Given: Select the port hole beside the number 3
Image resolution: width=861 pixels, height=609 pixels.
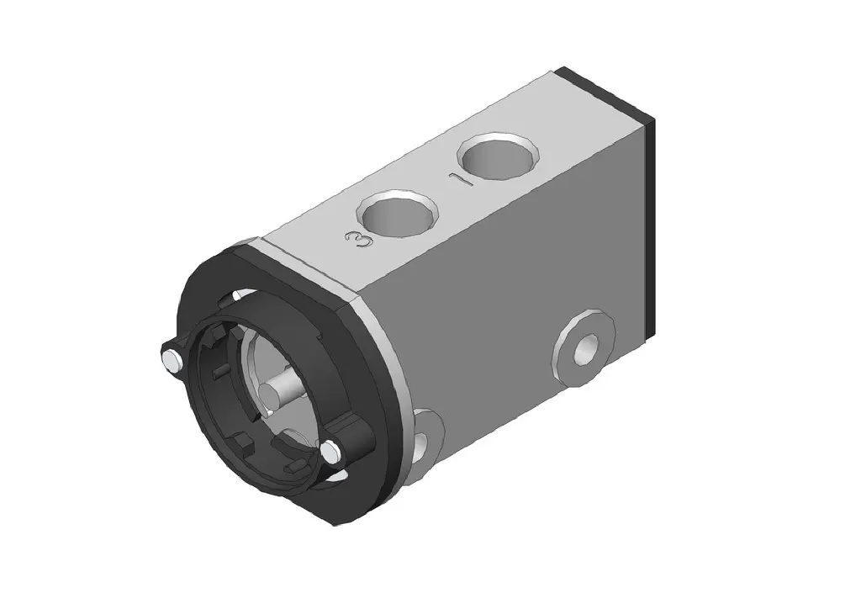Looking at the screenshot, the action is coord(399,214).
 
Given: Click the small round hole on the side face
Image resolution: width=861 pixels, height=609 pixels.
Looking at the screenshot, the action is coord(585,350).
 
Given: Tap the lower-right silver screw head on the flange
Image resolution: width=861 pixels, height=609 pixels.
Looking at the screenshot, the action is coord(331,452).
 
